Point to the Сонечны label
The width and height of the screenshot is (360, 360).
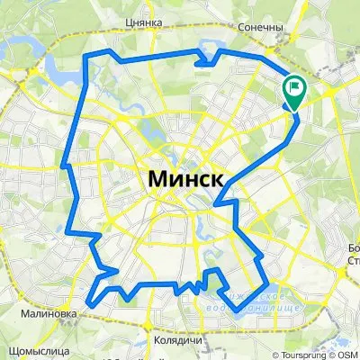point(261,27)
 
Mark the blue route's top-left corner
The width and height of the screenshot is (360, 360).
point(86,58)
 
